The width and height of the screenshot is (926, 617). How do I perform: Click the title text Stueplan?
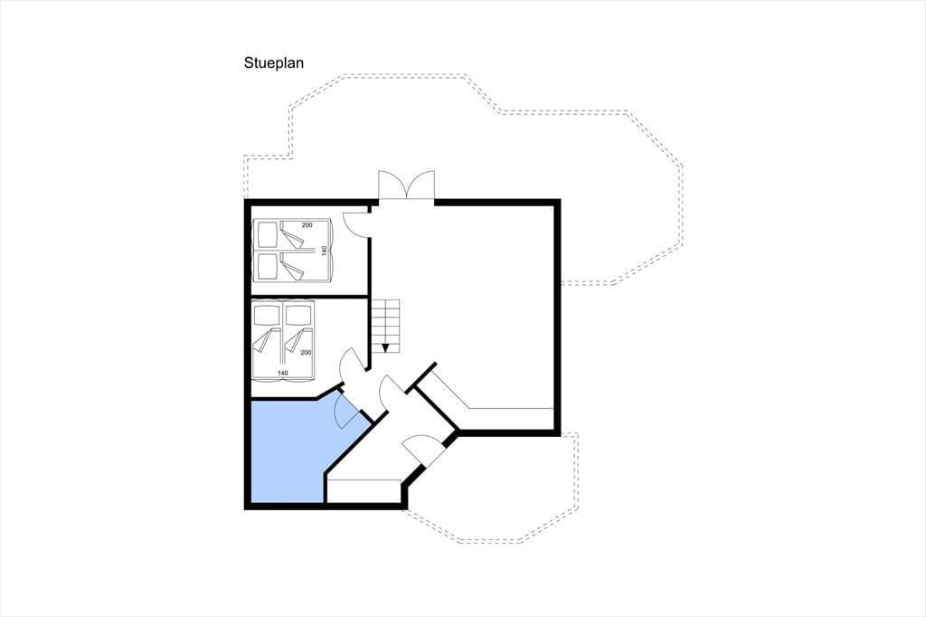coord(273,62)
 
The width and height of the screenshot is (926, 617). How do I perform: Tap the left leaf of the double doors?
coord(392,185)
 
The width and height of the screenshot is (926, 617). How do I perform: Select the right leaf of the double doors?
coord(421,185)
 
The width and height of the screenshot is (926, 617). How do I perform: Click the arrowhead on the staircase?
coord(385,348)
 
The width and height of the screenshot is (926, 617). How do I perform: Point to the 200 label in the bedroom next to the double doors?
coord(307,225)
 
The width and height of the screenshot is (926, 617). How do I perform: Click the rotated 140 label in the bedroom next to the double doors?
coord(324,251)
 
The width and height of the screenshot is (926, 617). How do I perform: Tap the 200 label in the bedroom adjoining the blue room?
coord(306,353)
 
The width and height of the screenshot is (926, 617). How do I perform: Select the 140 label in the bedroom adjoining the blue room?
coord(282,373)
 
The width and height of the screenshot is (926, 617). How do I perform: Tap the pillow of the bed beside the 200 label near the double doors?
coord(267,233)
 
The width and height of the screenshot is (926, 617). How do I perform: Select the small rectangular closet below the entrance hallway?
coord(364,491)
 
